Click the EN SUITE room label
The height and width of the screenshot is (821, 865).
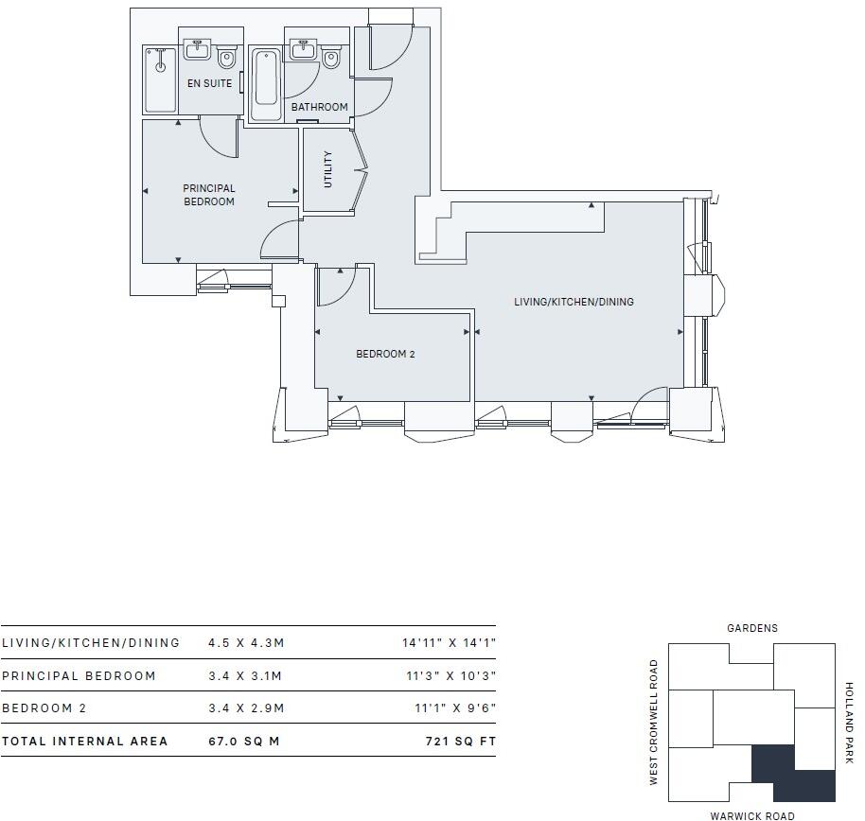click(208, 83)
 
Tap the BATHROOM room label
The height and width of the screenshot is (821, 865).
click(319, 107)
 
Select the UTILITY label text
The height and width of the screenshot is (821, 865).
click(328, 169)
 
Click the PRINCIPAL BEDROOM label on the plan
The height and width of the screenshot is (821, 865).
click(209, 195)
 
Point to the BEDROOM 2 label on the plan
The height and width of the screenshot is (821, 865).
click(385, 355)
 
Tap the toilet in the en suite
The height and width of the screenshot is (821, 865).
click(226, 59)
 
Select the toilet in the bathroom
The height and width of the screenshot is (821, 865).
click(330, 59)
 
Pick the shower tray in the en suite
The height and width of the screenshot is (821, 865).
click(161, 79)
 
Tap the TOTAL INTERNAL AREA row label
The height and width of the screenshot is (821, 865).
click(85, 742)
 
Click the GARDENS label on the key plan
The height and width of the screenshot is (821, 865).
click(752, 628)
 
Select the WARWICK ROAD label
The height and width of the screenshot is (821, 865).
click(752, 815)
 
